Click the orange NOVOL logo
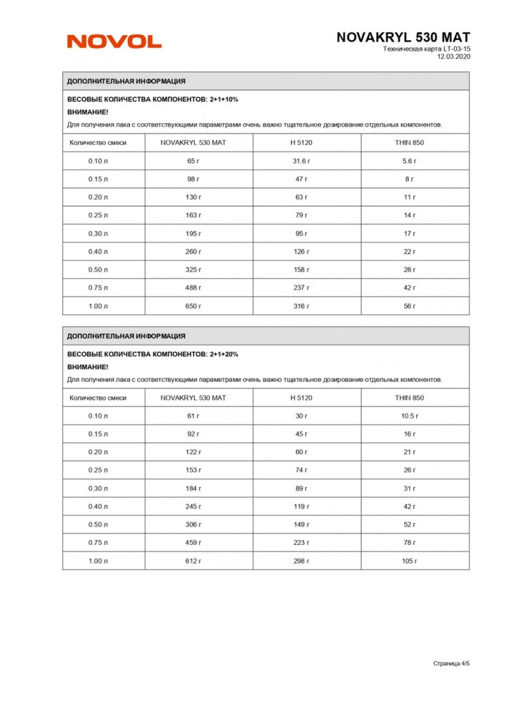coord(114,42)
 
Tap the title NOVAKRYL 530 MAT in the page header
coord(403,37)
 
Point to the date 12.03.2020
coord(453,57)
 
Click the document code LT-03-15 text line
coord(427,49)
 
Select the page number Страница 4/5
coord(451,662)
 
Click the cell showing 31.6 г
coord(301,161)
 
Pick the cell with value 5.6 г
coord(409,161)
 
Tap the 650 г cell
coord(193,306)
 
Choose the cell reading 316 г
coord(301,306)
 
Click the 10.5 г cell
coord(409,416)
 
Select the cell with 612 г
coord(193,561)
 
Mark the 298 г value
coord(301,561)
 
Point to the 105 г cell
coord(409,561)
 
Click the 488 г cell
coord(193,288)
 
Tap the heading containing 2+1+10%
coord(152,100)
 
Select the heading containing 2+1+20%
coord(152,354)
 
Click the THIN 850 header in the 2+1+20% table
coord(409,397)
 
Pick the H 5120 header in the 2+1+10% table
coord(301,142)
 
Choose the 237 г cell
coord(301,288)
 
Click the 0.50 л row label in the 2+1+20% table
coord(98,524)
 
